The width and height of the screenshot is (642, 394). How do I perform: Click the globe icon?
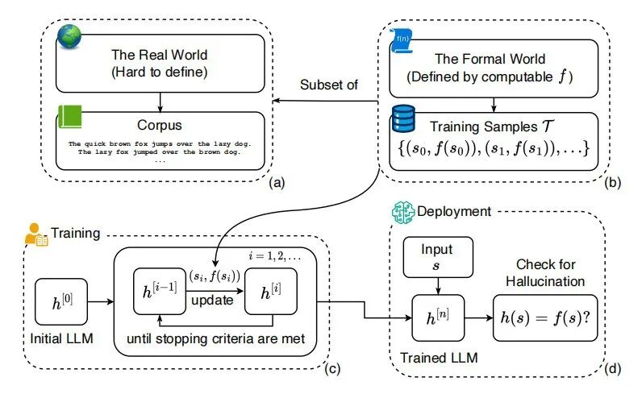[x=69, y=36]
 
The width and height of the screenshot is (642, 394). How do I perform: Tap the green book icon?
[x=70, y=117]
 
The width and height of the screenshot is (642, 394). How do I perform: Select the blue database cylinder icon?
[x=403, y=118]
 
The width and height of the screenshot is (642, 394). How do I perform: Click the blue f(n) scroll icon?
[x=402, y=41]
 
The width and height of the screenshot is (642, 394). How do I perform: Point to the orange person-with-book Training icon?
[x=36, y=234]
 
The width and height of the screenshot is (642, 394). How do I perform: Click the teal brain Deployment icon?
[x=403, y=213]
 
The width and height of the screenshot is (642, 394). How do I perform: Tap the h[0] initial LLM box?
[x=61, y=302]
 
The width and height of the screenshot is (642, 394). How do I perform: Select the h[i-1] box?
[x=160, y=292]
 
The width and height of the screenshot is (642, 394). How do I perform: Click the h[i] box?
[x=271, y=292]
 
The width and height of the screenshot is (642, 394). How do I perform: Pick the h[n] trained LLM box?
[x=438, y=318]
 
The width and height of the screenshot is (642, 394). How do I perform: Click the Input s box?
[x=438, y=257]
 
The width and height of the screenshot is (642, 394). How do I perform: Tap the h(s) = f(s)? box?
[x=545, y=318]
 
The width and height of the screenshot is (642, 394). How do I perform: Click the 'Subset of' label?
[x=329, y=85]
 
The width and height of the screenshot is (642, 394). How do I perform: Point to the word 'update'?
[x=212, y=301]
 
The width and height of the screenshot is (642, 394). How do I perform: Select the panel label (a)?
[x=277, y=182]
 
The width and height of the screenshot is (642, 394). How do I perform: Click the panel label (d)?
[x=612, y=369]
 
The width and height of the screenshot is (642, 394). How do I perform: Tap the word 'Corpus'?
[x=160, y=125]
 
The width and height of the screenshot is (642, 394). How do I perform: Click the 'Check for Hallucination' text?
[x=545, y=273]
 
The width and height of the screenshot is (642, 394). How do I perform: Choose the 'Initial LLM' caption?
[x=62, y=338]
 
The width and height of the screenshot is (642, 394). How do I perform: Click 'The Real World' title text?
[x=160, y=55]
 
